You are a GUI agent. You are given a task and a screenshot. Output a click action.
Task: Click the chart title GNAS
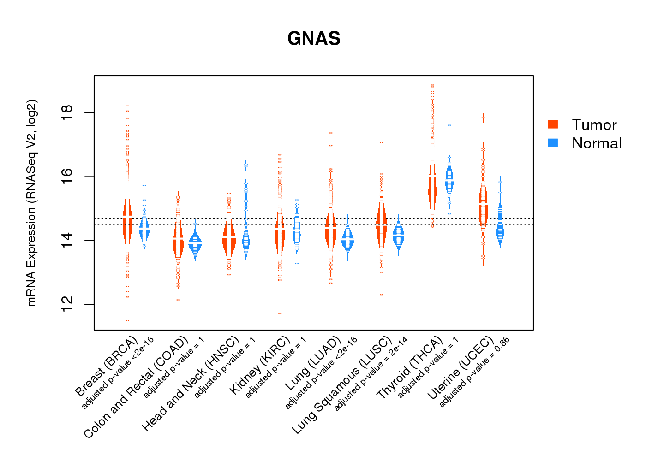(314, 39)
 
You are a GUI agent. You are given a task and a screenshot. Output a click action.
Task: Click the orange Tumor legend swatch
(553, 124)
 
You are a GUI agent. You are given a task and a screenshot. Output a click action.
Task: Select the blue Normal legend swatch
(553, 143)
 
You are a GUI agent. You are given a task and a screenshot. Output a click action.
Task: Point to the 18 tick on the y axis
(67, 113)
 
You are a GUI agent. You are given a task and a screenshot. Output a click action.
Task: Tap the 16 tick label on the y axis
(67, 177)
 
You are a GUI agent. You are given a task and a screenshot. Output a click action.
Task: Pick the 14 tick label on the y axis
(67, 241)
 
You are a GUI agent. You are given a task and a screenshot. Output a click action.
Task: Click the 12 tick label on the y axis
(67, 304)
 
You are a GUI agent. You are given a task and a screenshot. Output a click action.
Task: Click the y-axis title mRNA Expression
(31, 203)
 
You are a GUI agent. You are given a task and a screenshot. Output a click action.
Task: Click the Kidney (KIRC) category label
(260, 365)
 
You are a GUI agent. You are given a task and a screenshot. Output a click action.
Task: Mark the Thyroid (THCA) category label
(410, 367)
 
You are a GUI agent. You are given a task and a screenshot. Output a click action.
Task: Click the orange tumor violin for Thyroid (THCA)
(432, 189)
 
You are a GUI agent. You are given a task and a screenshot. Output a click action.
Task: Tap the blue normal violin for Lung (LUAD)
(347, 239)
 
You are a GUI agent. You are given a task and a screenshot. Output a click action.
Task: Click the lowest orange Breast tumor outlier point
(127, 320)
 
